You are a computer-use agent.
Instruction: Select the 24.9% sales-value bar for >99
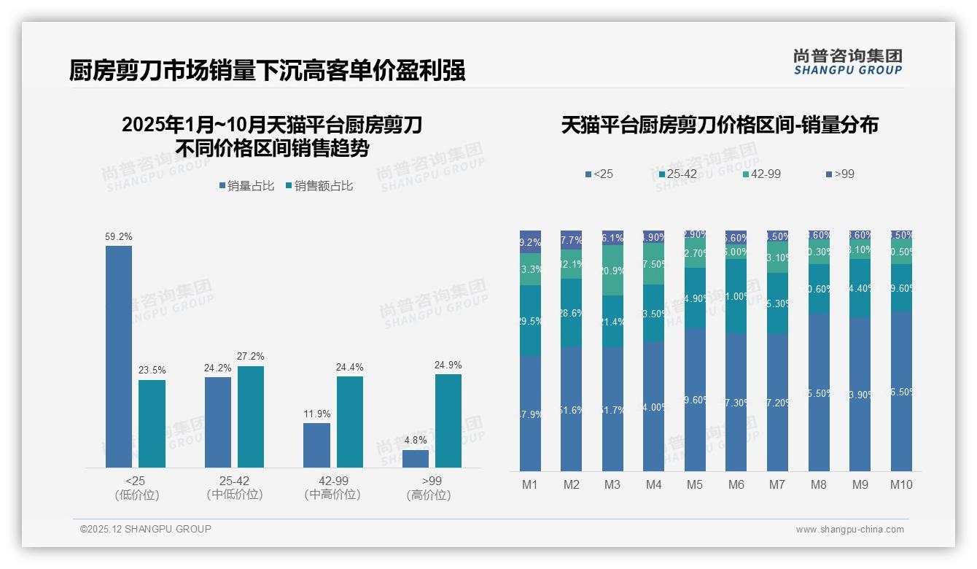pyautogui.click(x=448, y=420)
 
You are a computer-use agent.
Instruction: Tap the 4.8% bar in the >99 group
pyautogui.click(x=416, y=459)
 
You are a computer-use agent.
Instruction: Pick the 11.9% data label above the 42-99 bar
pyautogui.click(x=316, y=414)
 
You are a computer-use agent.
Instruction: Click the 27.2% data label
pyautogui.click(x=251, y=357)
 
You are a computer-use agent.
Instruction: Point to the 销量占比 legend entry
pyautogui.click(x=246, y=186)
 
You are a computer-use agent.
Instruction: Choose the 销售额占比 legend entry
pyautogui.click(x=320, y=186)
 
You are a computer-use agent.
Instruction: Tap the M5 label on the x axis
pyautogui.click(x=695, y=484)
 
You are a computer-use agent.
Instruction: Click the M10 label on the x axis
pyautogui.click(x=901, y=484)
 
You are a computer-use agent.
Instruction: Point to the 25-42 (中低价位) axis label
pyautogui.click(x=235, y=488)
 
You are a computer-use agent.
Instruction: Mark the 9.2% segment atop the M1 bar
pyautogui.click(x=530, y=241)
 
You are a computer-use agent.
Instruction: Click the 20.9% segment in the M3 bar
pyautogui.click(x=612, y=270)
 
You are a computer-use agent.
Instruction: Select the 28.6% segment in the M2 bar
pyautogui.click(x=572, y=313)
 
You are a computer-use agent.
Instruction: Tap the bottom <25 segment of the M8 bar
pyautogui.click(x=819, y=392)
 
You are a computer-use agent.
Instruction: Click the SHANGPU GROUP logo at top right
pyautogui.click(x=847, y=62)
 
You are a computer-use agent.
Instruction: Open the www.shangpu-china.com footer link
pyautogui.click(x=849, y=530)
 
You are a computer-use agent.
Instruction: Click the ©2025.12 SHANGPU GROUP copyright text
pyautogui.click(x=146, y=529)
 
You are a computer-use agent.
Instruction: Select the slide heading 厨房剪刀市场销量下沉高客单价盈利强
pyautogui.click(x=267, y=71)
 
